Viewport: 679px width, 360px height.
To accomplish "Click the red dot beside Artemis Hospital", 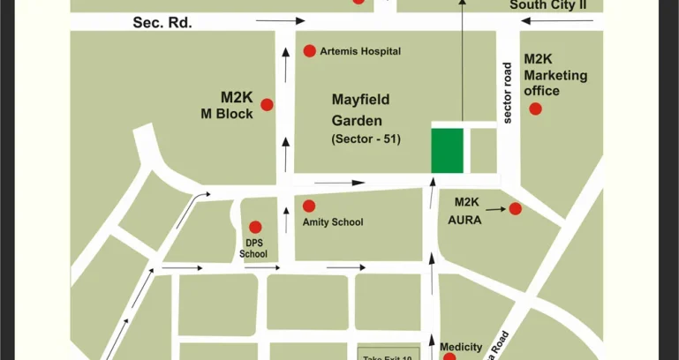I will click(309, 50).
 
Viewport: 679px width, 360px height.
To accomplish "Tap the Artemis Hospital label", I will click(360, 51).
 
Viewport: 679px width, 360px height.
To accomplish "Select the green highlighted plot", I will click(447, 151).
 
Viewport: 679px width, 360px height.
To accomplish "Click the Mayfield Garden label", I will click(360, 110).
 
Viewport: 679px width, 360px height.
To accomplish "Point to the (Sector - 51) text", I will click(366, 139).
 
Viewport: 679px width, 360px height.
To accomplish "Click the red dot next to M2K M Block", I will click(267, 104).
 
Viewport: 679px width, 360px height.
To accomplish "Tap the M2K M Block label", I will click(237, 105).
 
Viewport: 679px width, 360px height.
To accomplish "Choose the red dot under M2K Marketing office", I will click(534, 109).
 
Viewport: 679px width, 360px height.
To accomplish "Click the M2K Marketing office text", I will click(555, 75).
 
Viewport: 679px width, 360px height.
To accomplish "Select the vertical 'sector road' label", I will click(508, 93).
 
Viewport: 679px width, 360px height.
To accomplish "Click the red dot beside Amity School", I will click(308, 206).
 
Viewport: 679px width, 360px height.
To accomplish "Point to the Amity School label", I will click(333, 222).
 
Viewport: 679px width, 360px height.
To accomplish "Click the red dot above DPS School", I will click(255, 227).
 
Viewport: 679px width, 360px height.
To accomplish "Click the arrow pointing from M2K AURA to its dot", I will click(495, 209).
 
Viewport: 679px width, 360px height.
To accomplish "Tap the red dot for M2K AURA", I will click(515, 208).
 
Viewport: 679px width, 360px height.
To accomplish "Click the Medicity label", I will click(461, 347).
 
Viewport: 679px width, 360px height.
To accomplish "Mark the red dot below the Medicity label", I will click(449, 356).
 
